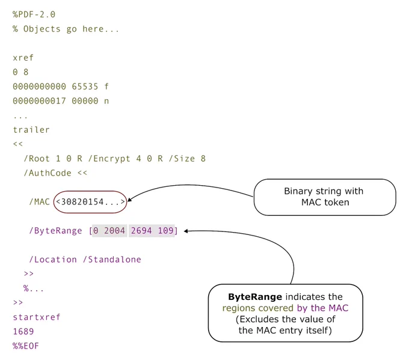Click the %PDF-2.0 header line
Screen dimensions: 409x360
pyautogui.click(x=34, y=14)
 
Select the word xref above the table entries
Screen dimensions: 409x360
pyautogui.click(x=23, y=58)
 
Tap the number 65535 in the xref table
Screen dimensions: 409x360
pyautogui.click(x=85, y=87)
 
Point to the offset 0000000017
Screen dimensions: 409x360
pyautogui.click(x=39, y=101)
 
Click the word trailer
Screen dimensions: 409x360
pyautogui.click(x=31, y=130)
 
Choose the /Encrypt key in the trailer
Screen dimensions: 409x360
pyautogui.click(x=109, y=159)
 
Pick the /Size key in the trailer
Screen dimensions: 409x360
pyautogui.click(x=182, y=159)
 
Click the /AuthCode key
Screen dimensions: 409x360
pyautogui.click(x=48, y=173)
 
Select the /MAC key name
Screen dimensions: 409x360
pyautogui.click(x=39, y=202)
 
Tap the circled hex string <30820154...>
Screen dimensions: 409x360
pyautogui.click(x=90, y=202)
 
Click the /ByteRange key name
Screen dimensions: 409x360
pyautogui.click(x=55, y=231)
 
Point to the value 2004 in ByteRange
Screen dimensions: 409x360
pyautogui.click(x=114, y=231)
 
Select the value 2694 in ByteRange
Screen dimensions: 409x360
pyautogui.click(x=141, y=231)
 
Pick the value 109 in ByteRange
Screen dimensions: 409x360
pyautogui.click(x=165, y=231)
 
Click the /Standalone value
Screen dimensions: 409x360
pyautogui.click(x=112, y=260)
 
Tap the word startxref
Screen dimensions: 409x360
pyautogui.click(x=37, y=317)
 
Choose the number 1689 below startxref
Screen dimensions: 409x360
pyautogui.click(x=23, y=331)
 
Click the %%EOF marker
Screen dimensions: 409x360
pyautogui.click(x=26, y=346)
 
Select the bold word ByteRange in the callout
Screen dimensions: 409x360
pyautogui.click(x=255, y=297)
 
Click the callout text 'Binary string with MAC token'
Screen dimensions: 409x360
pyautogui.click(x=324, y=197)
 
